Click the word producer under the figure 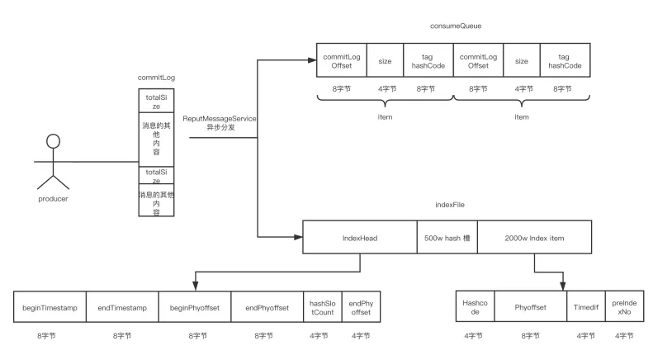tap(54, 198)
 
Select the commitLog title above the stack tap(156, 77)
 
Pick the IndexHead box tap(359, 238)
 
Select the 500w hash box tap(447, 238)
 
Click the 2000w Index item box tap(534, 238)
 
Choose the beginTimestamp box tap(50, 308)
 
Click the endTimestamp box tap(122, 308)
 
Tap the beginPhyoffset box tap(195, 308)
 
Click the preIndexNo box tap(622, 308)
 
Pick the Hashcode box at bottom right tap(475, 308)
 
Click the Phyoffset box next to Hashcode tap(529, 308)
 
